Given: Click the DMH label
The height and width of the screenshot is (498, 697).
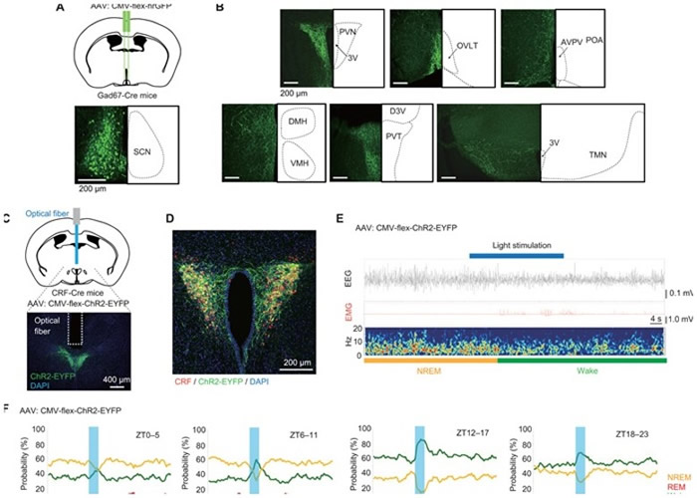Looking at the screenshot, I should pyautogui.click(x=298, y=122).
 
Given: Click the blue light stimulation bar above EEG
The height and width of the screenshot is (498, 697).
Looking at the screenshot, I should pyautogui.click(x=516, y=255).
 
